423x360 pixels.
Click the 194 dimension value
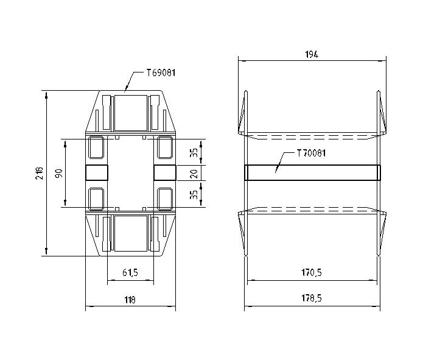311,54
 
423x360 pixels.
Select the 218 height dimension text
39,173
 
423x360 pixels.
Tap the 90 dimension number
58,173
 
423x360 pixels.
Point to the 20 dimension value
194,173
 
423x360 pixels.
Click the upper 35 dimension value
194,152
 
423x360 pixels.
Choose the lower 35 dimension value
194,194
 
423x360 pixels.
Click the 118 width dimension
130,300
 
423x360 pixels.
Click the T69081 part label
161,73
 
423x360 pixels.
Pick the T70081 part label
311,154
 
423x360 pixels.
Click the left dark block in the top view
96,173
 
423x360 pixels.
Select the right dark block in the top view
164,173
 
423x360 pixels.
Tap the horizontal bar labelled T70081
312,173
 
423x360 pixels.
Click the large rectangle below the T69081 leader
130,112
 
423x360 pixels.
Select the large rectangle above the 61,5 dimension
130,233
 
